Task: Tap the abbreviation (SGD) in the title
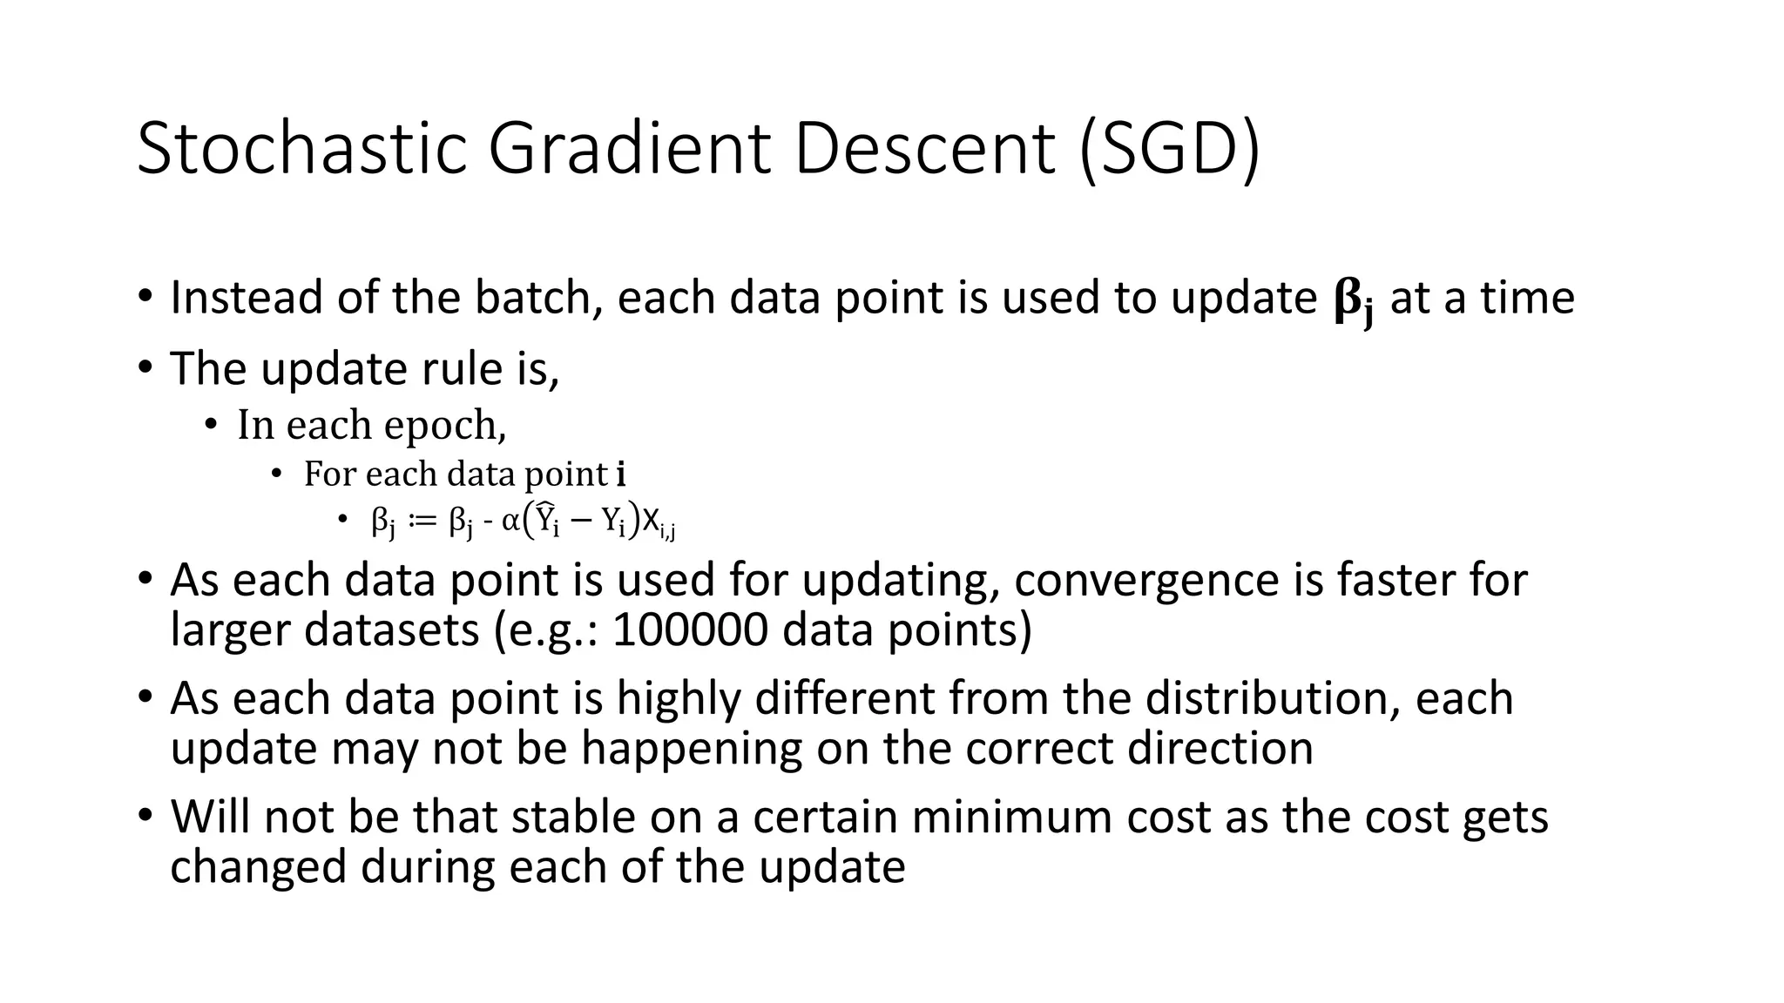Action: click(1169, 148)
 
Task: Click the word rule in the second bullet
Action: click(459, 368)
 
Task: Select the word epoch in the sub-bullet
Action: click(444, 426)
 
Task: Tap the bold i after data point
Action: click(620, 475)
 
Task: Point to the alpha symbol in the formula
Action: click(511, 522)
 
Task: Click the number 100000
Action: click(690, 630)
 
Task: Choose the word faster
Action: click(1395, 580)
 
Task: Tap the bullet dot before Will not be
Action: click(145, 816)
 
